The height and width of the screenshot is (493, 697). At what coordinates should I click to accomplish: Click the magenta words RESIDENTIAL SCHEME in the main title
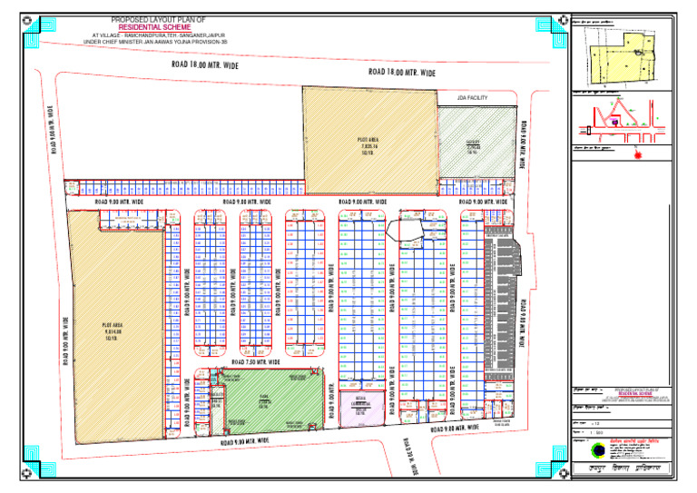tap(155, 27)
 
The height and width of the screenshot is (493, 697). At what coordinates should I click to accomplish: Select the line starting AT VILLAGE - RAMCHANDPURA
tap(156, 35)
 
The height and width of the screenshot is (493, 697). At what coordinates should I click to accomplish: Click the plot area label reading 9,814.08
tap(113, 325)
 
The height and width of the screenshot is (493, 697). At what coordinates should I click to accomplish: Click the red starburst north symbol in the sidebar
tap(642, 153)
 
